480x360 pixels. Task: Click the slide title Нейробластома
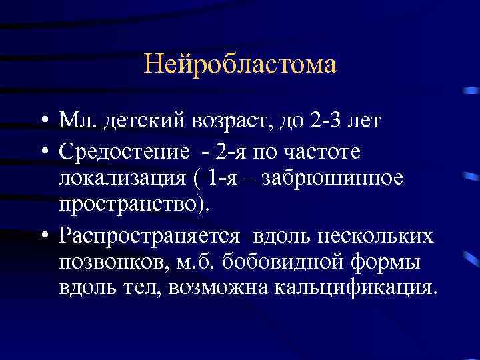tap(240, 65)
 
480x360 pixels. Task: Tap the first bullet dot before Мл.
tap(42, 122)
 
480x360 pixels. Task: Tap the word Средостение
tap(124, 153)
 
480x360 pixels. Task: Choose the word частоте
tap(326, 153)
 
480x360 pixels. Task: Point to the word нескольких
tap(376, 236)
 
